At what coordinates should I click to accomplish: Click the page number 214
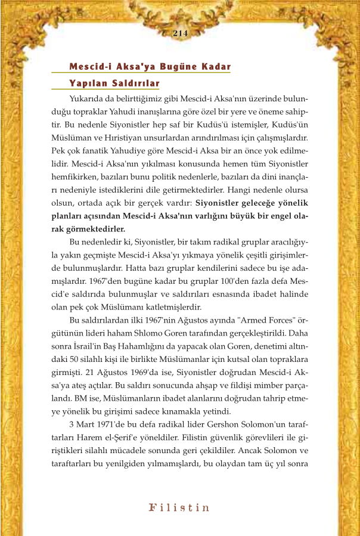point(180,33)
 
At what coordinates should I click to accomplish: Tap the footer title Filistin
point(179,508)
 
